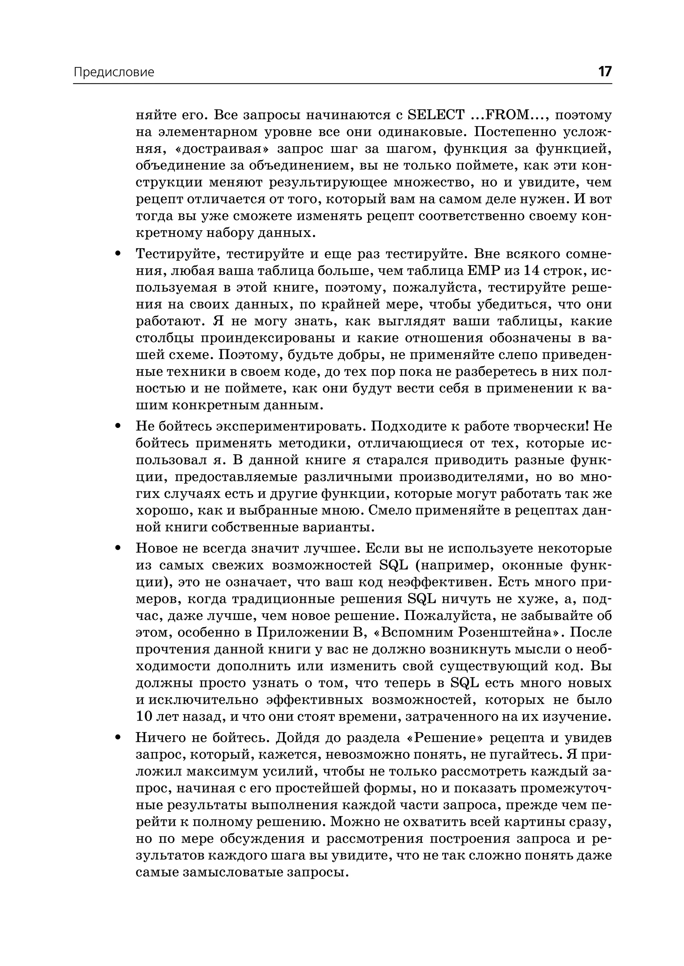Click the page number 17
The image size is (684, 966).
(605, 71)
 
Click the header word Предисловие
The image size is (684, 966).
(114, 72)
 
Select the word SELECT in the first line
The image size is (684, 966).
(436, 115)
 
